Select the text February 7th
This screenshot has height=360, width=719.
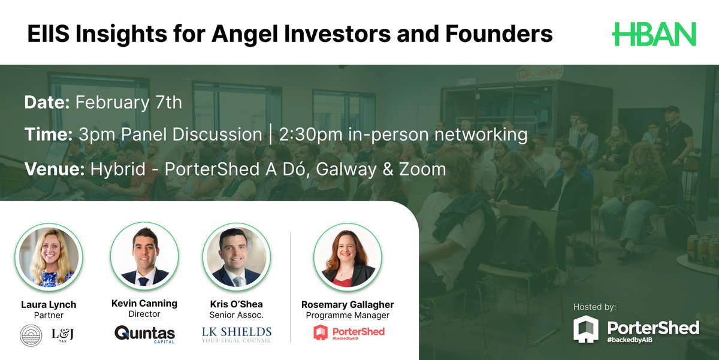pos(128,102)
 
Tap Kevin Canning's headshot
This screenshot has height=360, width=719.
pos(144,256)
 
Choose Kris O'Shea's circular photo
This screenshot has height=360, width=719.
pos(237,256)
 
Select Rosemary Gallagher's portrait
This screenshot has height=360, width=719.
pos(348,257)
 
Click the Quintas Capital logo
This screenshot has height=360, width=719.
pos(144,333)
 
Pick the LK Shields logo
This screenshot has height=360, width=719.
pos(237,334)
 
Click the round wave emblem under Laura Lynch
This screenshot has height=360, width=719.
pos(30,333)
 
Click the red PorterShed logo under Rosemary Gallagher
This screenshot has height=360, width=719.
pos(348,333)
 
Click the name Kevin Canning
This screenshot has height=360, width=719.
pos(144,303)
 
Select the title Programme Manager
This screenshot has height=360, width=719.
pos(348,315)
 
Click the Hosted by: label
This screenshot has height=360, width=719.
pos(594,307)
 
